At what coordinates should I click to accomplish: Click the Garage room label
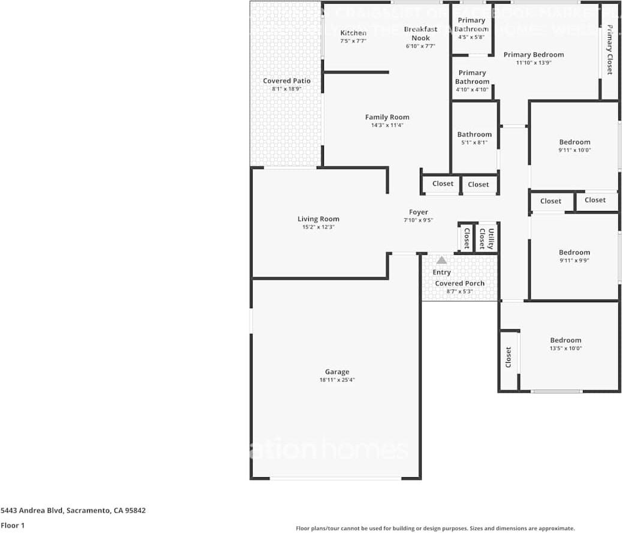click(337, 372)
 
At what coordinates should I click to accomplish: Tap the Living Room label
click(318, 219)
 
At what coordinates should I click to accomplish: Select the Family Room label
click(387, 117)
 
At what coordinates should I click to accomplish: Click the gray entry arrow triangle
click(441, 260)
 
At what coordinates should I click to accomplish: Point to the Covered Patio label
click(287, 81)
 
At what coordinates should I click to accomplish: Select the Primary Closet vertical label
click(609, 49)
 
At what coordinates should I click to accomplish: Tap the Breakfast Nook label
click(420, 33)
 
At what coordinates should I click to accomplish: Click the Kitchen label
click(353, 33)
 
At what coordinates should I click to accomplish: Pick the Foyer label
click(418, 212)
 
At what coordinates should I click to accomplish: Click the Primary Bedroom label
click(533, 55)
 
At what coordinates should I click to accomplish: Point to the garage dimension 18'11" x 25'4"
click(337, 380)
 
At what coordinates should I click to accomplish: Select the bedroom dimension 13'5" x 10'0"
click(566, 348)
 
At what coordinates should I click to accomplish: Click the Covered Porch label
click(459, 283)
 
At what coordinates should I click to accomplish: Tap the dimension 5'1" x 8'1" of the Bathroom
click(474, 143)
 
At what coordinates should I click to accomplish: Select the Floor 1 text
click(13, 525)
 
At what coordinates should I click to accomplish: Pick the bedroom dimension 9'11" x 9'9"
click(574, 261)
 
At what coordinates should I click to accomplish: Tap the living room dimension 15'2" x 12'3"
click(318, 227)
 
